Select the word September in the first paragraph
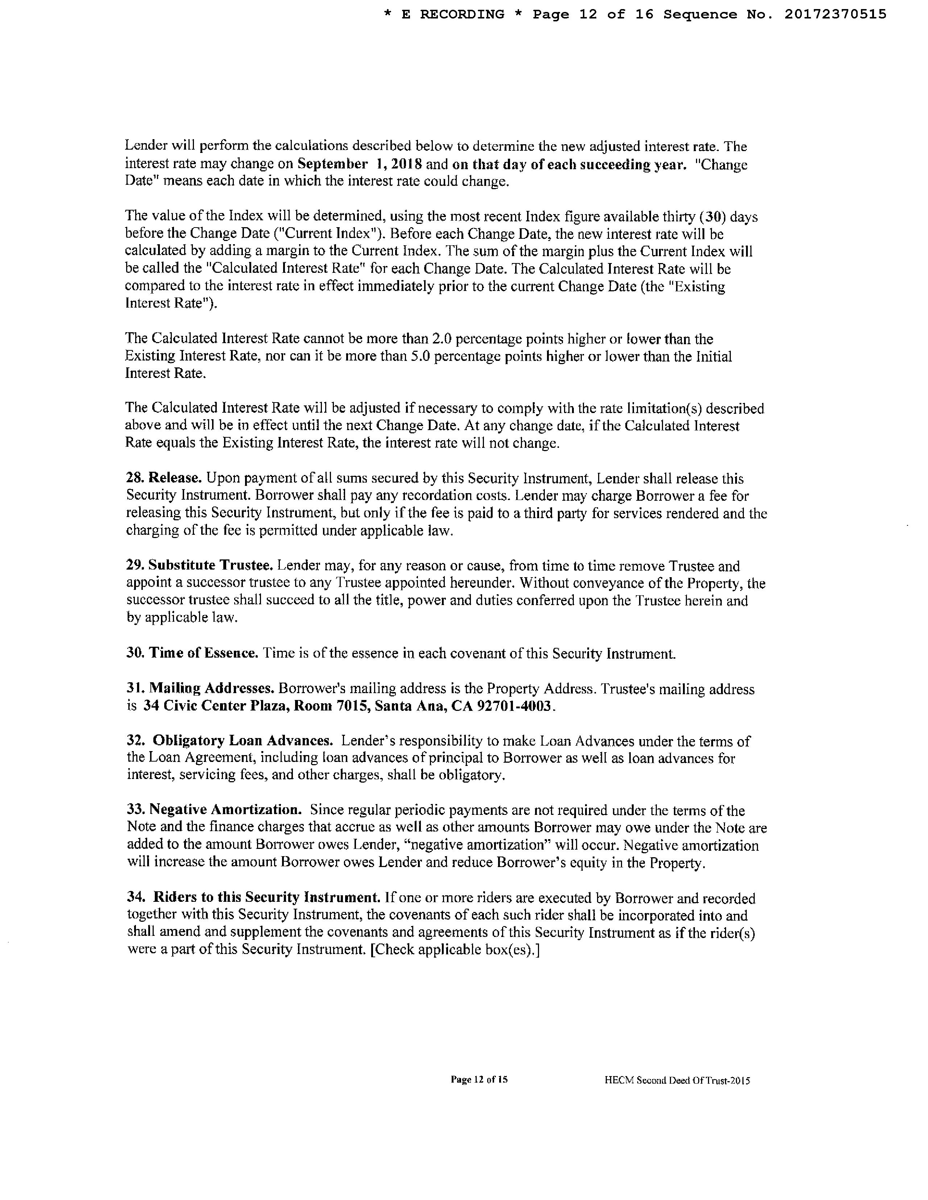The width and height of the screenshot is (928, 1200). [x=332, y=164]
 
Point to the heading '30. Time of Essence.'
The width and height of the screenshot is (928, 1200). [x=192, y=653]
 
